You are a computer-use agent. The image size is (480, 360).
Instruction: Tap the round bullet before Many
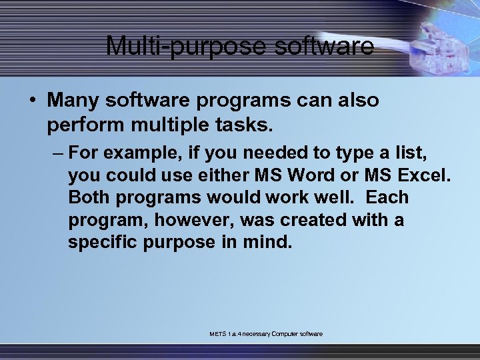31,101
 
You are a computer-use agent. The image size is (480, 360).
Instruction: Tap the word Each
387,198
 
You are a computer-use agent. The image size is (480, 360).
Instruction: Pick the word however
198,220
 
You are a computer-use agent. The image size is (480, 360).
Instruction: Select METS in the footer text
217,333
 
